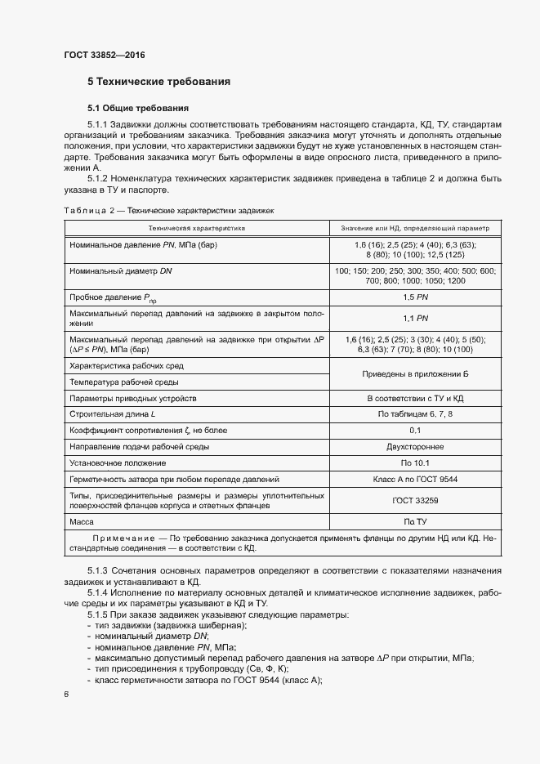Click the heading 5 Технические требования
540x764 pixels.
tap(158, 82)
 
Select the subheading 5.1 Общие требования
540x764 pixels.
tap(138, 108)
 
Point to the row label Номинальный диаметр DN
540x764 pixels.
tap(121, 270)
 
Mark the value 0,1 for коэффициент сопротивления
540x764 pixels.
tap(415, 431)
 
